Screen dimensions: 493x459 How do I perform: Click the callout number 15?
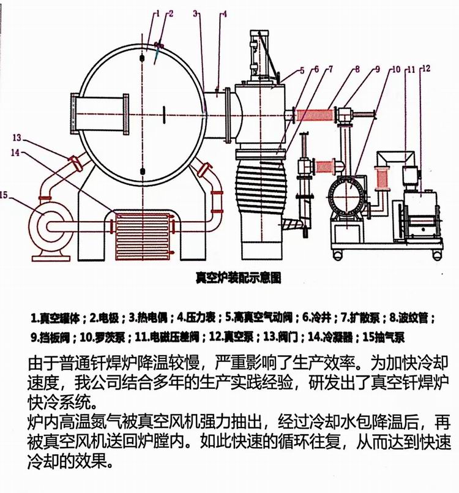pos(5,195)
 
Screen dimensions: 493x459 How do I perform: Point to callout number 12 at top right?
pos(425,69)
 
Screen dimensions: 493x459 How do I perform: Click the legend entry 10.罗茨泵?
pos(102,337)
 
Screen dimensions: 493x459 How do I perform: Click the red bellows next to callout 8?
pos(316,115)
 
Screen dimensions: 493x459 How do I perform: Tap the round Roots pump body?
pos(346,197)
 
